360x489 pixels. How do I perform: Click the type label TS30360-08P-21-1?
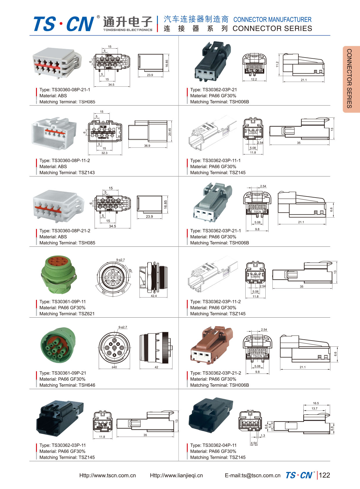tap(65, 90)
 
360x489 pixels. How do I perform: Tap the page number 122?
tap(324, 475)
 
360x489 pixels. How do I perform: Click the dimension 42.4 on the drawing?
tap(154, 296)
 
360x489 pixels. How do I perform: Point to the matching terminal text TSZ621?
tap(67, 314)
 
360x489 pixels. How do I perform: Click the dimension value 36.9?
tap(147, 146)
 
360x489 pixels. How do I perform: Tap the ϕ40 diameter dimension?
tap(114, 367)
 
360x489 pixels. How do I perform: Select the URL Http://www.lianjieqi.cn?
tap(176, 476)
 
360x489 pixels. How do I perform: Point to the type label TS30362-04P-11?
tap(213, 445)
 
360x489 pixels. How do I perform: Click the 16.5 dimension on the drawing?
tap(316, 403)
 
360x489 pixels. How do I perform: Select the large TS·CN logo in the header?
tap(64, 24)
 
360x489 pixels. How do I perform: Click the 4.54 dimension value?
tap(254, 443)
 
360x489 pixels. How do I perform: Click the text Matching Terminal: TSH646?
tap(67, 385)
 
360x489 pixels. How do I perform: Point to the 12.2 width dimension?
tap(254, 79)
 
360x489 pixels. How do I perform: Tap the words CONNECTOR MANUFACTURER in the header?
tap(272, 20)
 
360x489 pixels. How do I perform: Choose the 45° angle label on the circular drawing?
tap(130, 271)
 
